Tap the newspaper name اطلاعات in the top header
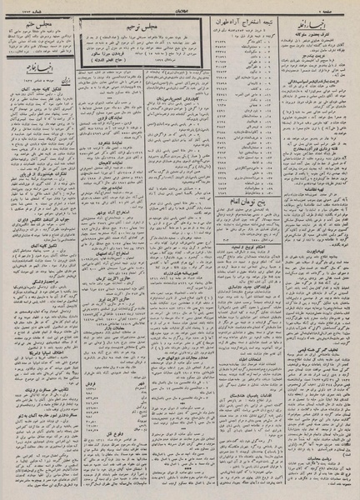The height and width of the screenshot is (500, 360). click(179, 7)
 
